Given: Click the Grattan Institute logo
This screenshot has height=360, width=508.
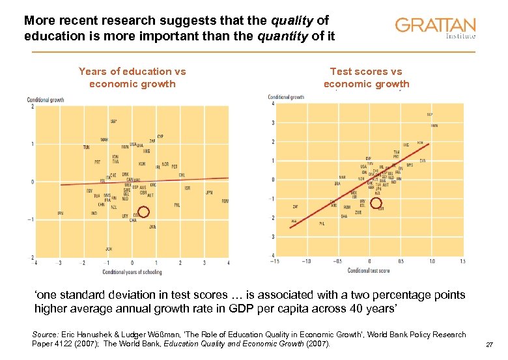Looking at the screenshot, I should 435,28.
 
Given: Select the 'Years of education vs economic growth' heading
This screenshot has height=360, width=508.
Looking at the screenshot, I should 132,77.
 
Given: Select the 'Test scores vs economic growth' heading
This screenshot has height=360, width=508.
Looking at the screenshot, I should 366,77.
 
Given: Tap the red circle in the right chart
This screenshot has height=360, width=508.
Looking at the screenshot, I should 376,203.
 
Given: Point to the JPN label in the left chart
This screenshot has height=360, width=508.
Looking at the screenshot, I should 209,193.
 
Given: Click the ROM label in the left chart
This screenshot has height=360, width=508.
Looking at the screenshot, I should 225,201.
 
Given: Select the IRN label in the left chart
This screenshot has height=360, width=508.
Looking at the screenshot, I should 60,213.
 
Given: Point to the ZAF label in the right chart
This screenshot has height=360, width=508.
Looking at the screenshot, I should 295,206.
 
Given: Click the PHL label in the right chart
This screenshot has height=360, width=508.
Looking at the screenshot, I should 321,223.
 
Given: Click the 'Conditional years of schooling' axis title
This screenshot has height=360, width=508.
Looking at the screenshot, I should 132,271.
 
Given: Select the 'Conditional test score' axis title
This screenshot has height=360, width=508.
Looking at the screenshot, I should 369,270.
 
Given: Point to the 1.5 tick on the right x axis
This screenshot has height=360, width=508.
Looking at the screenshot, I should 462,262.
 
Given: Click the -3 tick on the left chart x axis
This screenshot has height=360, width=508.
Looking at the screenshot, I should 60,263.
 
